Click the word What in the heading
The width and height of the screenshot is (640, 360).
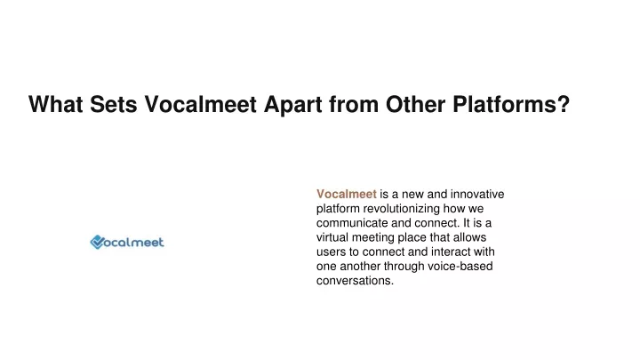pos(56,104)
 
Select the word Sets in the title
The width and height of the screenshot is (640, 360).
pos(114,104)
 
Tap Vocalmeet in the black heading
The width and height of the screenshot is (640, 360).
pos(200,104)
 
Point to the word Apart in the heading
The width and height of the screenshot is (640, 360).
pos(293,105)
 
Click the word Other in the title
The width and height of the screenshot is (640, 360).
pos(415,104)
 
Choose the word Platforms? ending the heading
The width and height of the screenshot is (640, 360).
pos(511,104)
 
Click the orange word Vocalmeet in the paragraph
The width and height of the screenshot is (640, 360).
pos(347,194)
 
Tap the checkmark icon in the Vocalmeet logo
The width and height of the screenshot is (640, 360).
pos(97,242)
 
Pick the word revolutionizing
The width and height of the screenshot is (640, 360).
pos(402,209)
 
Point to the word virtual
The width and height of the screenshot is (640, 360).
pos(332,237)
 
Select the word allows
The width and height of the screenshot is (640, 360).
pos(469,237)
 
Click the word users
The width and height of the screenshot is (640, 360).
pos(331,252)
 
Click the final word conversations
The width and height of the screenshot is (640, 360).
pos(355,281)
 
